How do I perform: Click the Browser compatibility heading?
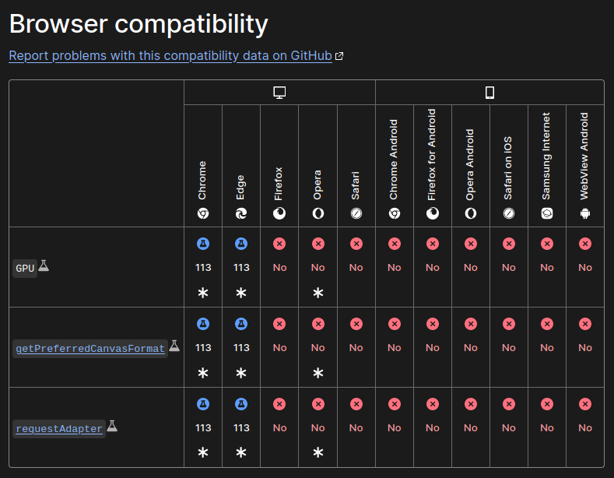click(x=139, y=24)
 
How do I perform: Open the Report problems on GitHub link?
click(x=170, y=56)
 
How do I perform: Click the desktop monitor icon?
click(x=280, y=93)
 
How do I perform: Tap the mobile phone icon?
click(x=489, y=93)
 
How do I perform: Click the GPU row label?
click(x=26, y=269)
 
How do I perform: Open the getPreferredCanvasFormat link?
click(x=90, y=349)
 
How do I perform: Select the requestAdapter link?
click(x=59, y=429)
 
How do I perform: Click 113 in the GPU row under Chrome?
click(x=203, y=268)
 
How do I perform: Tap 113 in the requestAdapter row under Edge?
click(x=241, y=428)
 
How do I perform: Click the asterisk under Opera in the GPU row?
click(x=318, y=293)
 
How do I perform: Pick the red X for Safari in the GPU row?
click(x=356, y=244)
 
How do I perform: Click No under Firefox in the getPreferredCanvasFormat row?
click(x=279, y=348)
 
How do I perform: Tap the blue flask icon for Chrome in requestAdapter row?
click(x=203, y=404)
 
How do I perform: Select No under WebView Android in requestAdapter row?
click(x=585, y=428)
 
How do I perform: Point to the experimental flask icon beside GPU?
click(x=44, y=265)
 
